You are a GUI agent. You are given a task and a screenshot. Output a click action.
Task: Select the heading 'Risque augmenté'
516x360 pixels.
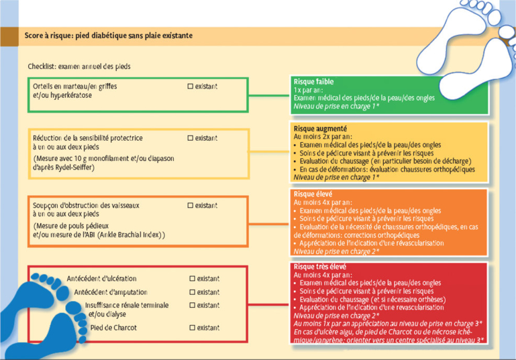(320, 127)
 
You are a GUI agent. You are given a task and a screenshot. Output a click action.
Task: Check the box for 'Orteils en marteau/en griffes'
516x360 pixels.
(191, 86)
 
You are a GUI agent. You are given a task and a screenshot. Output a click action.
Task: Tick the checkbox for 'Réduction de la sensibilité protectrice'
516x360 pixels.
(191, 138)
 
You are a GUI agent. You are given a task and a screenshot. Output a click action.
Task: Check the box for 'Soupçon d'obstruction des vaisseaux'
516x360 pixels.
(191, 205)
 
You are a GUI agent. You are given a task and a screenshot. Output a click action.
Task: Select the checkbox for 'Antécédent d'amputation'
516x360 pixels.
(193, 292)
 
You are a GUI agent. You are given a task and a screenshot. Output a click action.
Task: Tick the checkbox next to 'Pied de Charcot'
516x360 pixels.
(193, 328)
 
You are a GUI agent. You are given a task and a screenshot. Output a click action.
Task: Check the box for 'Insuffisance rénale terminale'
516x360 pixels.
(193, 306)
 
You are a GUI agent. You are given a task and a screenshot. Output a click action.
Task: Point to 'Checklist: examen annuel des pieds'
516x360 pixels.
(79, 66)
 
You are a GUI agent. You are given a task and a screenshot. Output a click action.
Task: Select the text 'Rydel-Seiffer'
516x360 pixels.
(76, 168)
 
